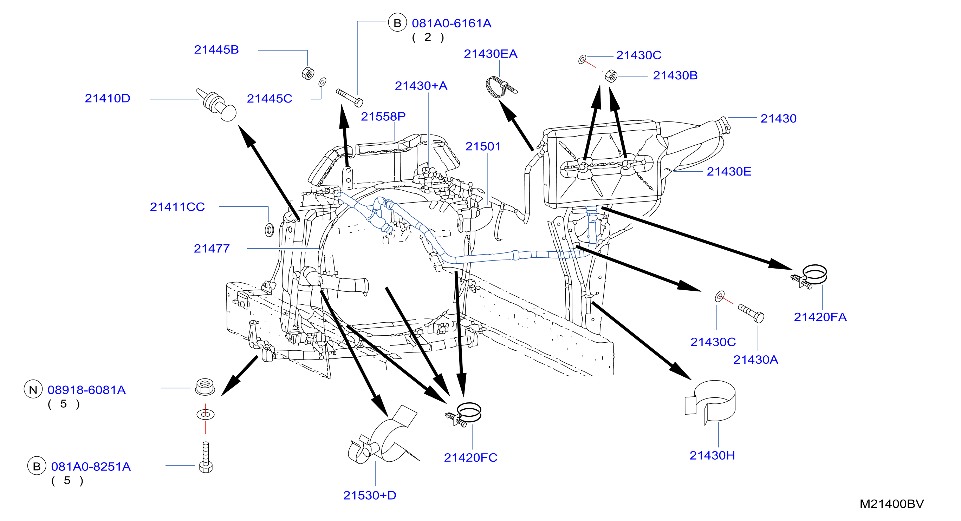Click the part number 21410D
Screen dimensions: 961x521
coord(108,98)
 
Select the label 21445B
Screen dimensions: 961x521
coord(216,50)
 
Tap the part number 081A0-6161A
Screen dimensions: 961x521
coord(452,24)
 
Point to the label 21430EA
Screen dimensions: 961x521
coord(491,54)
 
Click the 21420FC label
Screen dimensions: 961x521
coord(470,458)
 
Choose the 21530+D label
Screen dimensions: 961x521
coord(370,496)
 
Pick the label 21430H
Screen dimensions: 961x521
coord(712,455)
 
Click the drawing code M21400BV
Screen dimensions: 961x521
coord(892,504)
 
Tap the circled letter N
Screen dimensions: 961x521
coord(33,389)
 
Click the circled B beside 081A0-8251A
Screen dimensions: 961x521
coord(37,466)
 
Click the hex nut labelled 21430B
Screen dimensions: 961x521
coord(611,76)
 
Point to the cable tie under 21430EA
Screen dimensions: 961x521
coord(500,87)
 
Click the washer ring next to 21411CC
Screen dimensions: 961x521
coord(269,230)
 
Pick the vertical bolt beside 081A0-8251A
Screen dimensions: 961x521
coord(206,457)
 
